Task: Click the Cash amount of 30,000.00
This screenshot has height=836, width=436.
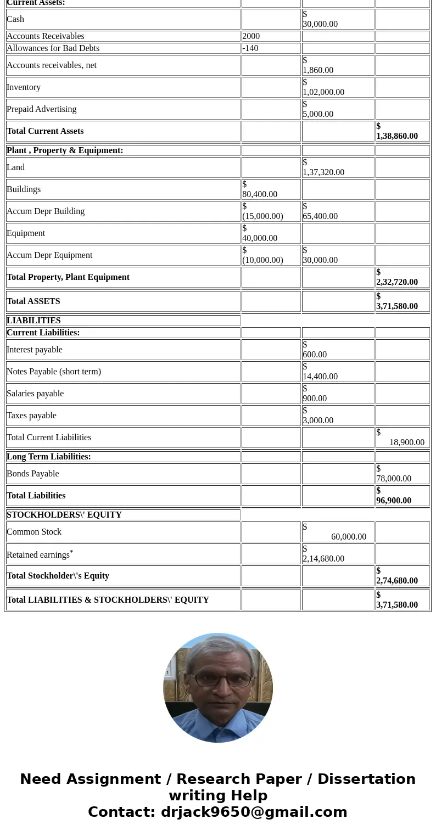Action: [320, 24]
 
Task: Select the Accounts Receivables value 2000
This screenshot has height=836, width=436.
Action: [251, 36]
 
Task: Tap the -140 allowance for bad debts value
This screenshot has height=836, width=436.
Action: [250, 48]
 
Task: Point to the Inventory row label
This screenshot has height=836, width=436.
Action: [24, 87]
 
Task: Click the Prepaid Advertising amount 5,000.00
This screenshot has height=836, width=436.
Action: [318, 114]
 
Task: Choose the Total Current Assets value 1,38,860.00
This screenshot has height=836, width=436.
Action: [397, 136]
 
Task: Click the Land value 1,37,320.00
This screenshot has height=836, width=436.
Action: [323, 172]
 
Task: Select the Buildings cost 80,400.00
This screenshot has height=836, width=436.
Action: [260, 194]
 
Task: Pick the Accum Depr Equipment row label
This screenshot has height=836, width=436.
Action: [49, 255]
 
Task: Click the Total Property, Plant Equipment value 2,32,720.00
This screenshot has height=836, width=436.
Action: [397, 282]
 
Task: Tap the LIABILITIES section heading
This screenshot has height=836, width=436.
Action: [33, 321]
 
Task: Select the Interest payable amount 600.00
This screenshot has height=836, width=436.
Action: [315, 355]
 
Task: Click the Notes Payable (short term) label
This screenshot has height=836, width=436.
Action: [54, 372]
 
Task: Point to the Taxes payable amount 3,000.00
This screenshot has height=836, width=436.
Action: [318, 420]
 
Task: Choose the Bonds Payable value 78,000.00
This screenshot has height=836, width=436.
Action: [394, 479]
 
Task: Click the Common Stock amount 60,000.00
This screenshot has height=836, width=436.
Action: [349, 537]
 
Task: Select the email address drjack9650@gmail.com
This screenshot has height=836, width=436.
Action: [254, 812]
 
